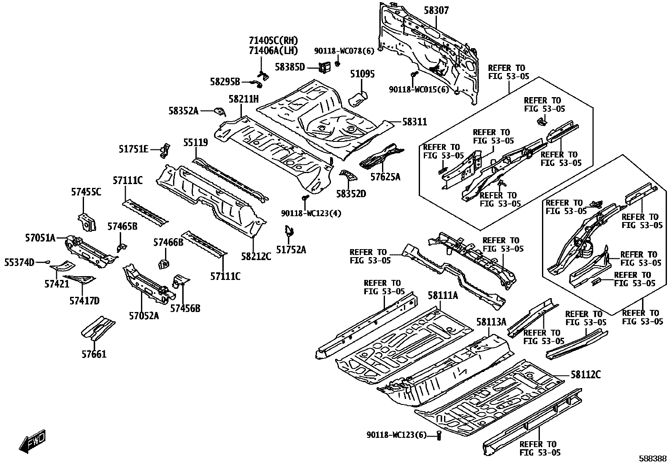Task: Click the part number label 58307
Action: pyautogui.click(x=436, y=11)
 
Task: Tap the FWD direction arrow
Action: pyautogui.click(x=32, y=442)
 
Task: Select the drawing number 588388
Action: pyautogui.click(x=653, y=458)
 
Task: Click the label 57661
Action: pyautogui.click(x=94, y=354)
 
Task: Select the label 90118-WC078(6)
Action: pyautogui.click(x=344, y=51)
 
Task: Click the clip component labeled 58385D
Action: pyautogui.click(x=325, y=67)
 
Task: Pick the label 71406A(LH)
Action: pyautogui.click(x=273, y=51)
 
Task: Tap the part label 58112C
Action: pyautogui.click(x=585, y=374)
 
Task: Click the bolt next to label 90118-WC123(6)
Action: pyautogui.click(x=439, y=435)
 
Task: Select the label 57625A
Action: pyautogui.click(x=385, y=177)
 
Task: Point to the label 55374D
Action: pyautogui.click(x=19, y=263)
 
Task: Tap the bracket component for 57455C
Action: pyautogui.click(x=87, y=222)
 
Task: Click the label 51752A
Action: pyautogui.click(x=291, y=250)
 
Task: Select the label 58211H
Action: pyautogui.click(x=243, y=99)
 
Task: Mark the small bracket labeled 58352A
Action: pyautogui.click(x=220, y=111)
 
